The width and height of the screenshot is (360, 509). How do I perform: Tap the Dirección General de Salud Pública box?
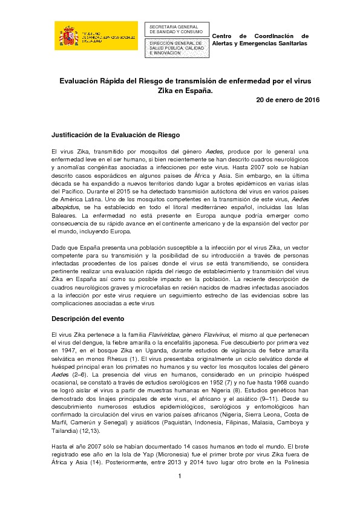click(x=175, y=48)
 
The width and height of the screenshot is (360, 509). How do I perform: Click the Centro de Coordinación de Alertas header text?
click(x=260, y=40)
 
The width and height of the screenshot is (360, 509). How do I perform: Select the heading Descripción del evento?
click(x=88, y=318)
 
